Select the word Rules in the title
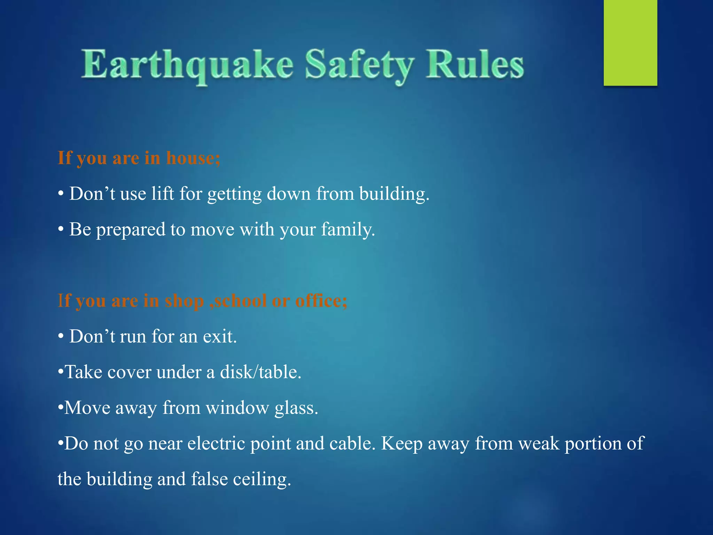[x=475, y=64]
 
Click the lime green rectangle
[x=630, y=42]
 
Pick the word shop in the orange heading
[x=184, y=301]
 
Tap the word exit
[x=220, y=336]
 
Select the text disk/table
[x=260, y=372]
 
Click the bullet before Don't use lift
[x=61, y=194]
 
